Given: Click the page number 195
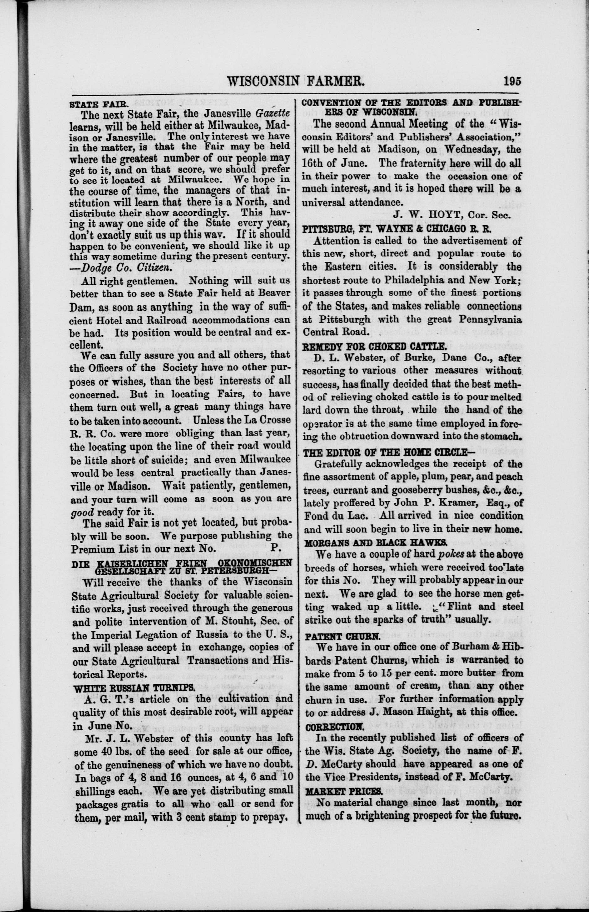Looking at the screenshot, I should click(512, 81).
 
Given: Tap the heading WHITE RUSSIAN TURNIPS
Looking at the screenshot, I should click(134, 688).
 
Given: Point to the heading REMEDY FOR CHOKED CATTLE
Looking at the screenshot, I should click(374, 347).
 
